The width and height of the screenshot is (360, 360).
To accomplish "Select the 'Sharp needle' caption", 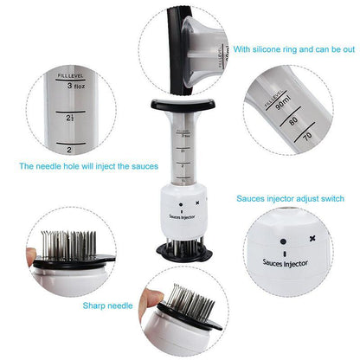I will pos(108,305).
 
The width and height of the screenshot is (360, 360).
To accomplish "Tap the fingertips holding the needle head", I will pos(33,255).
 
